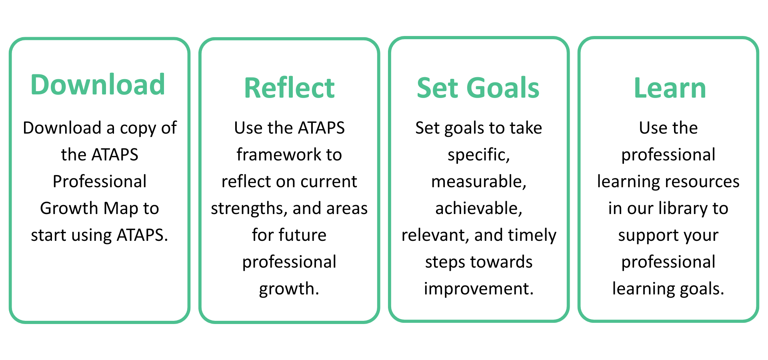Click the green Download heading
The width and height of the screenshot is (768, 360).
(98, 85)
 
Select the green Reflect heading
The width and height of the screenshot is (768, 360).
(289, 88)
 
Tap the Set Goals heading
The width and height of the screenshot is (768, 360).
(478, 88)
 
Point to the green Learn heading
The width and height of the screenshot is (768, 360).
(670, 88)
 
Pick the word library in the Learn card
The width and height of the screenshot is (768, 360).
(682, 209)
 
